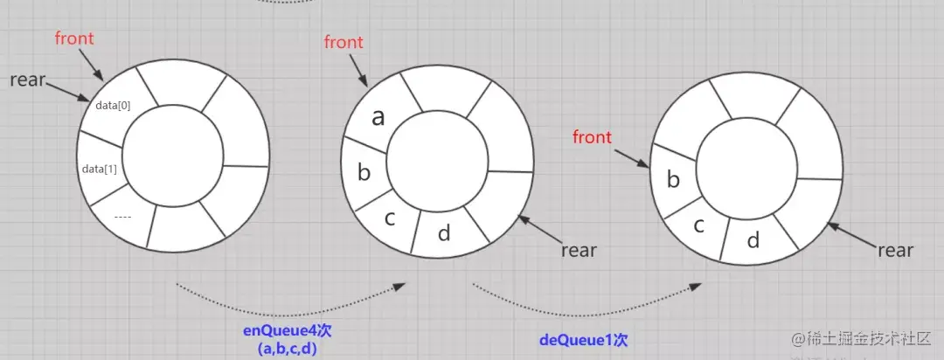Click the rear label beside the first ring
click(x=27, y=80)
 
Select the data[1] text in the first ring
click(x=99, y=169)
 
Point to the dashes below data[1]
click(x=122, y=215)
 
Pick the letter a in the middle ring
click(x=378, y=118)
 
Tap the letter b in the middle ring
click(x=364, y=172)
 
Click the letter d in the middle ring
click(x=443, y=233)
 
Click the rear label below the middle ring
click(x=579, y=251)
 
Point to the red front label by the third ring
click(x=592, y=137)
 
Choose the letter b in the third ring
click(x=673, y=180)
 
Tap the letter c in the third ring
click(x=698, y=225)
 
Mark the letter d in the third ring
click(x=752, y=239)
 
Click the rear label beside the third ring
click(x=895, y=251)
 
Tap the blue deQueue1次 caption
click(x=584, y=338)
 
